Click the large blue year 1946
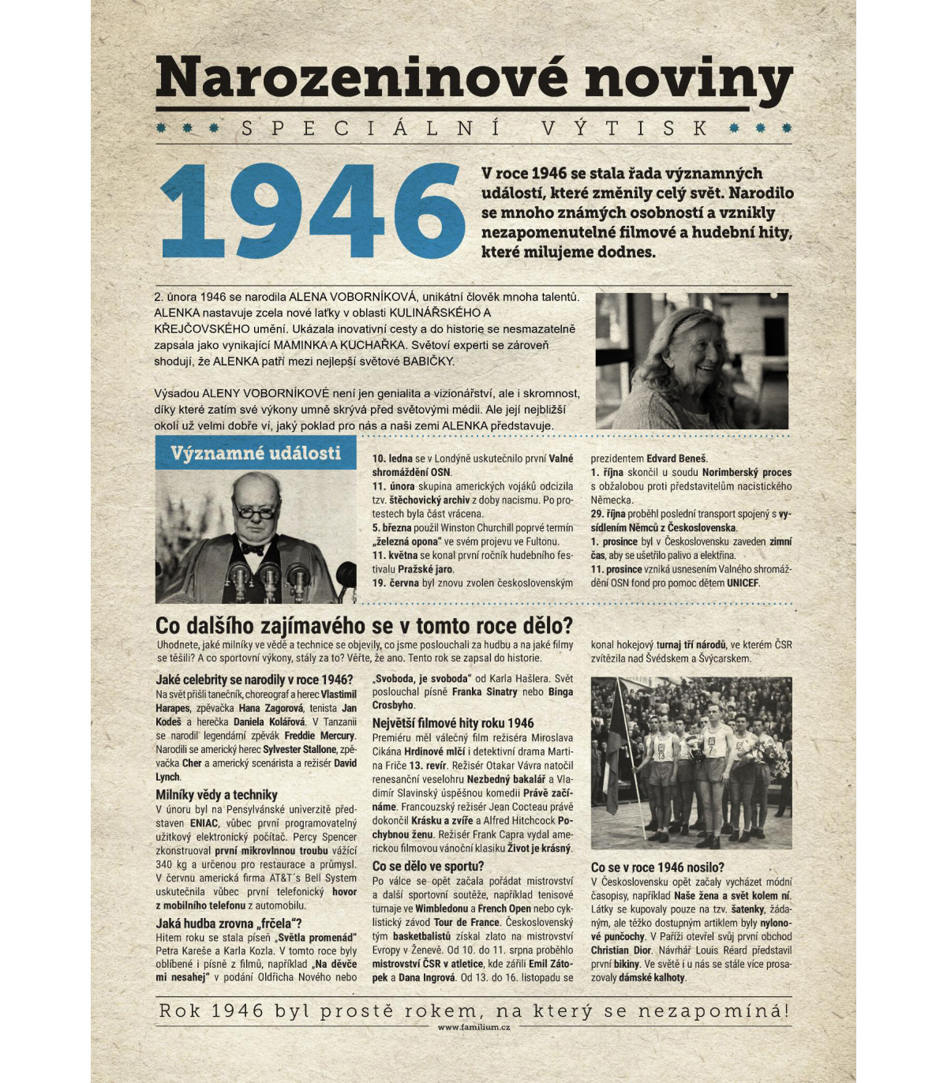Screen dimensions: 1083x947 pyautogui.click(x=313, y=212)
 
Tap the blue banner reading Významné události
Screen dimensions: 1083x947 pyautogui.click(x=256, y=453)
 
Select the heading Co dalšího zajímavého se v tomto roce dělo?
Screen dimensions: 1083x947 pyautogui.click(x=364, y=626)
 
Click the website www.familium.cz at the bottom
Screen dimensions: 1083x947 pyautogui.click(x=473, y=1027)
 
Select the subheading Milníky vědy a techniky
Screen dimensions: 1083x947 pyautogui.click(x=216, y=795)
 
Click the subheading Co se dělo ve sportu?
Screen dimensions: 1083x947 pyautogui.click(x=428, y=866)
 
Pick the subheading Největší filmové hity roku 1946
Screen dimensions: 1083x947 pyautogui.click(x=453, y=723)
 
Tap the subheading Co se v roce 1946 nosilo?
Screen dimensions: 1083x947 pyautogui.click(x=657, y=867)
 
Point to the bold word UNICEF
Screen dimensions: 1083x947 pyautogui.click(x=743, y=583)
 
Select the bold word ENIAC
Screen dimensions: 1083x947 pyautogui.click(x=204, y=823)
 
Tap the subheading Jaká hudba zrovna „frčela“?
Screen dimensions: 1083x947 pyautogui.click(x=229, y=924)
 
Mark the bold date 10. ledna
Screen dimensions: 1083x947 pyautogui.click(x=392, y=459)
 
